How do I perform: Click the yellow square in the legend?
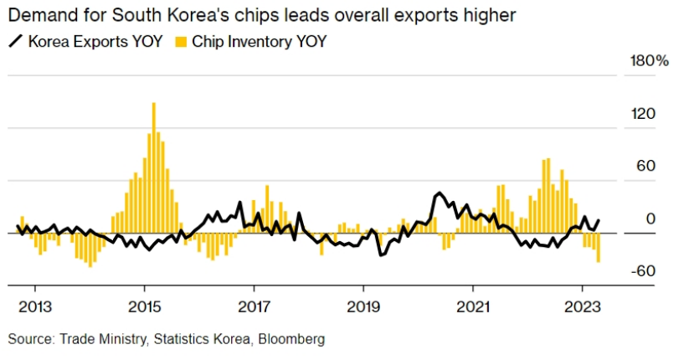coord(181,41)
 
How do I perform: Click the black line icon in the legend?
coord(15,41)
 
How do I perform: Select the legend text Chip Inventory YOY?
coord(259,41)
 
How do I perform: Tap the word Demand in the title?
coord(40,15)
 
